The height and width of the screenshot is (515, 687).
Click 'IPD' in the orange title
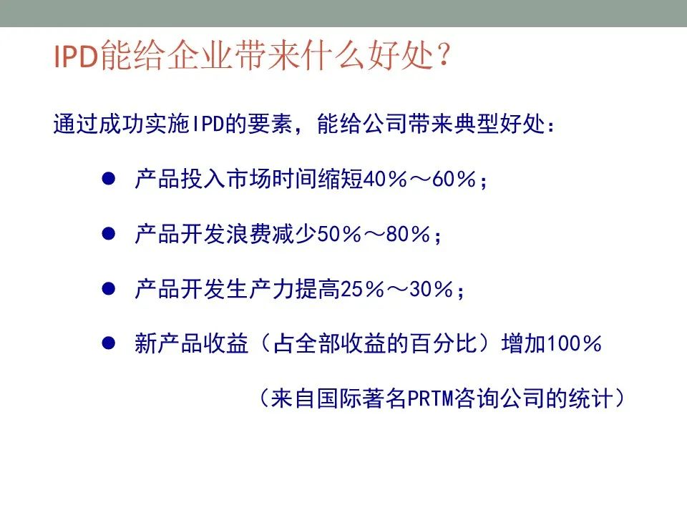(x=75, y=56)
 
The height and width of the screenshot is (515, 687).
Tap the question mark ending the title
(x=444, y=54)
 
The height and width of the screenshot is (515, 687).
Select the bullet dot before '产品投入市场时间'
(x=108, y=178)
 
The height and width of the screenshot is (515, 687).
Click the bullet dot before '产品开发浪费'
(x=108, y=233)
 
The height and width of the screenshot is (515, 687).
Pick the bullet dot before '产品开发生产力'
(x=108, y=288)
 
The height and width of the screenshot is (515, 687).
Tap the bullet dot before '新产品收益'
(x=108, y=343)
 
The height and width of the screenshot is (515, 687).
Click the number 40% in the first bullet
(x=385, y=179)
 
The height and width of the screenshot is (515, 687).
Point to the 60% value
(x=454, y=179)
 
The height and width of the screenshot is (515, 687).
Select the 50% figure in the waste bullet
(x=339, y=235)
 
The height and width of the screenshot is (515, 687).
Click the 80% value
(x=408, y=235)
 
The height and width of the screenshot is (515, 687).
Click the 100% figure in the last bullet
(x=574, y=344)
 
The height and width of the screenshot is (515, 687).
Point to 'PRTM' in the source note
(x=431, y=398)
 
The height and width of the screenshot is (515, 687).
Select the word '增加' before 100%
(x=524, y=343)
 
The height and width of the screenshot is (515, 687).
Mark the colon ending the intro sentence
(x=551, y=124)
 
